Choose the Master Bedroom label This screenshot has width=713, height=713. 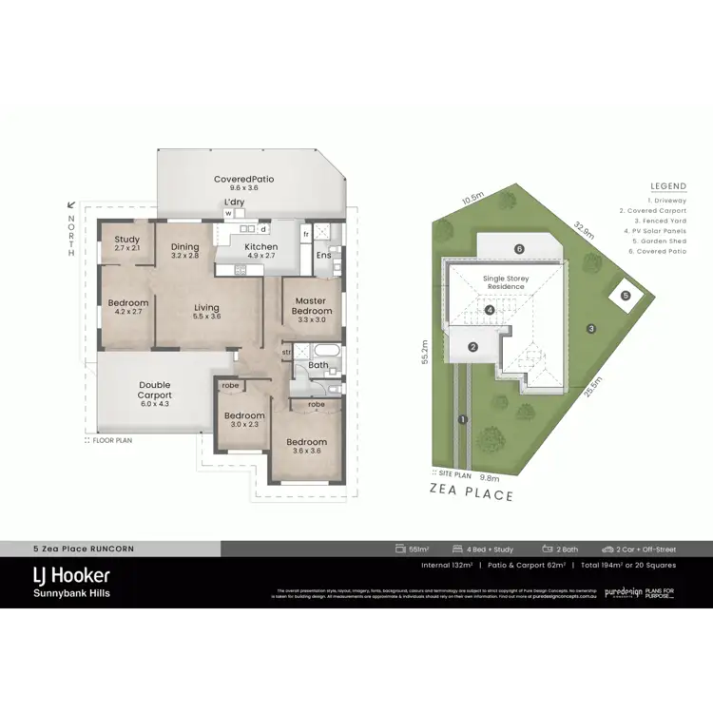point(312,306)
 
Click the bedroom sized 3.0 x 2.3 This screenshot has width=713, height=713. point(244,420)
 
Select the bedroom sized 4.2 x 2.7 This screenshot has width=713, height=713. point(127,306)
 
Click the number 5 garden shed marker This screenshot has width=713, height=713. point(626,296)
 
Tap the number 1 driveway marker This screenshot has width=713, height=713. point(462,419)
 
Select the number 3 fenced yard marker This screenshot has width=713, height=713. point(590,329)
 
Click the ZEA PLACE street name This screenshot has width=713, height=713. point(472,494)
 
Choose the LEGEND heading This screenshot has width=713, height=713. point(667,186)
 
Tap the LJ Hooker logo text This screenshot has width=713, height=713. point(72,576)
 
